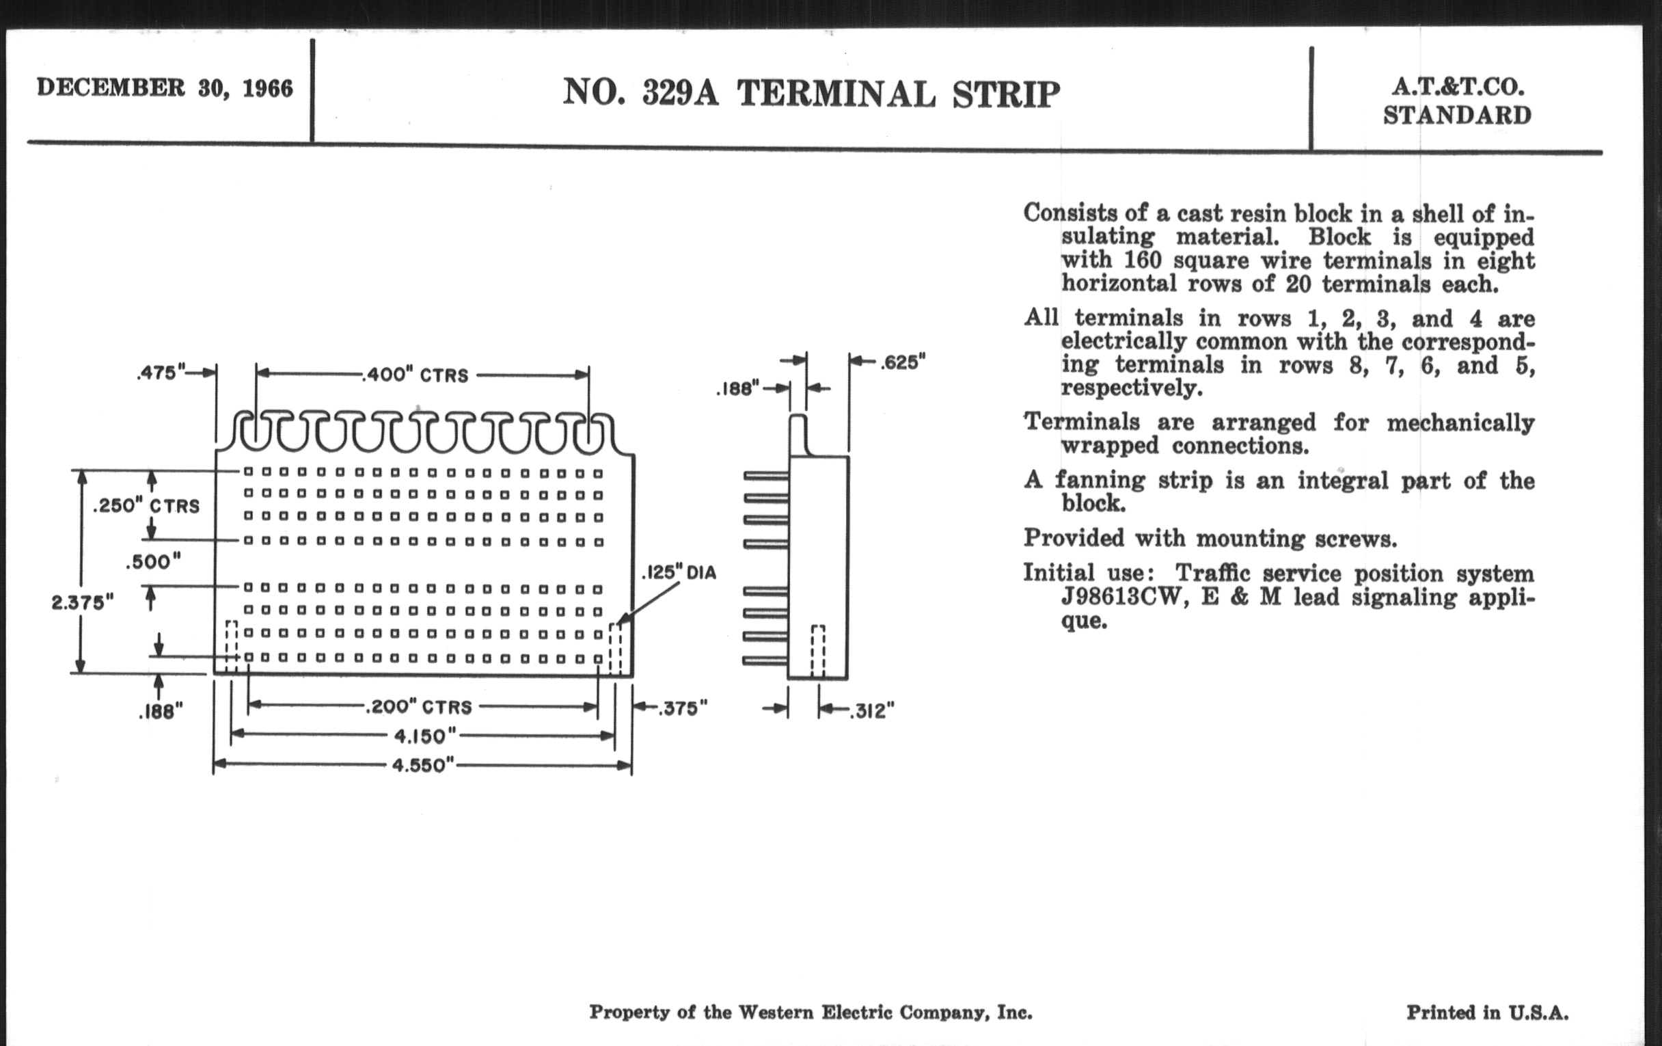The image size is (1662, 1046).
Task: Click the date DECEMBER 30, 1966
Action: tap(164, 88)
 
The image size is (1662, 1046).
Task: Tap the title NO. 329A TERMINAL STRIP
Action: tap(811, 94)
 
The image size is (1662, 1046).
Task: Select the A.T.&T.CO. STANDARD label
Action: tap(1457, 100)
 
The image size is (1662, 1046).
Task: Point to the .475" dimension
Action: tap(161, 373)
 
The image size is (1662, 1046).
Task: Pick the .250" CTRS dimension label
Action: tap(146, 506)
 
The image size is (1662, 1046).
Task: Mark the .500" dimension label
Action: tap(153, 561)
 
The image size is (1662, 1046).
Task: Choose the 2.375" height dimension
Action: tap(82, 602)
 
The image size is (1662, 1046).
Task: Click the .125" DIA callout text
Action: tap(679, 572)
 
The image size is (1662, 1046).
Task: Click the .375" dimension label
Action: tap(682, 708)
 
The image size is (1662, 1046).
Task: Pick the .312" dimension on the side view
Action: tap(871, 710)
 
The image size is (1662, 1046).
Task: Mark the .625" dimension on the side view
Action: tap(901, 362)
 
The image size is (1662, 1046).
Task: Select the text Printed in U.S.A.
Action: tap(1487, 1013)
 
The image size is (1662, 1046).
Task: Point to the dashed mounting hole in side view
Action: tap(818, 650)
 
